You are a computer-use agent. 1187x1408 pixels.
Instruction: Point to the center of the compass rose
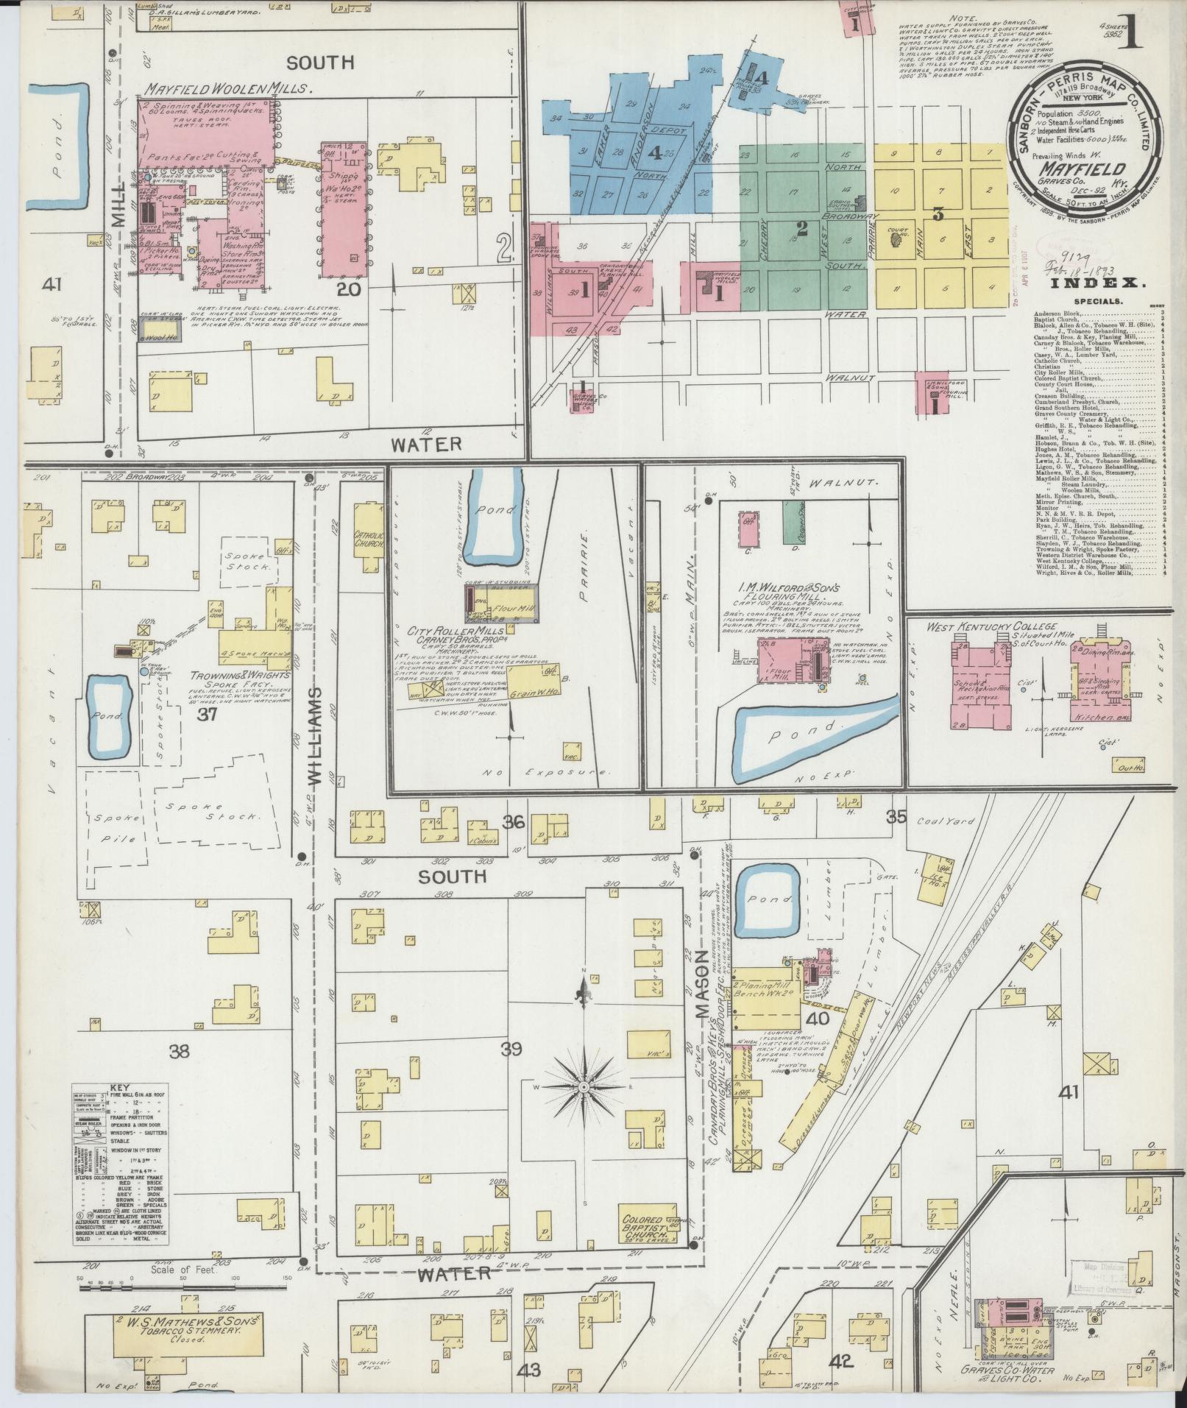pos(583,1086)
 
